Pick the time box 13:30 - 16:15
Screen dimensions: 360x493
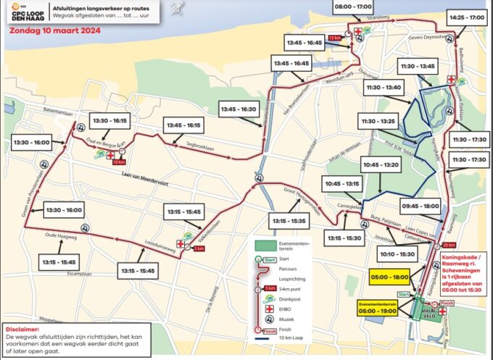[109, 120]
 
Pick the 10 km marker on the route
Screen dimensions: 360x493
[120, 162]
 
